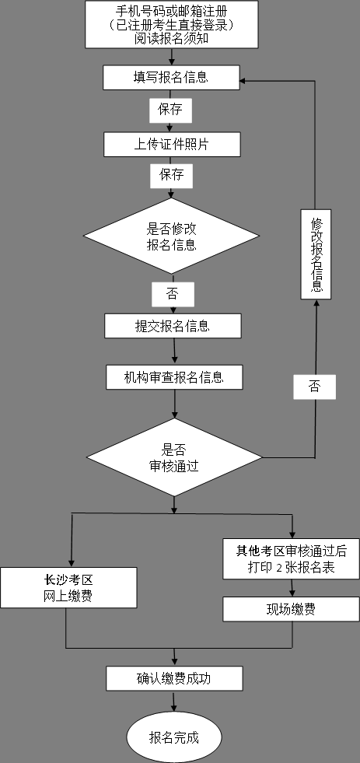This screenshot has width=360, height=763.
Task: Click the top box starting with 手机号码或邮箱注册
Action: pyautogui.click(x=171, y=25)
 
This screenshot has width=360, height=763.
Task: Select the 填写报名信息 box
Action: pyautogui.click(x=171, y=77)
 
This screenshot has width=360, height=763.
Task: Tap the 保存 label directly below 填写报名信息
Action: pyautogui.click(x=170, y=110)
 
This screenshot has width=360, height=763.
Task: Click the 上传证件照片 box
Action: pyautogui.click(x=172, y=144)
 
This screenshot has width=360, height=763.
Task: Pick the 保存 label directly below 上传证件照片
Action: pyautogui.click(x=171, y=175)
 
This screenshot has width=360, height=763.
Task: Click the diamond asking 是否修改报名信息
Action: pyautogui.click(x=171, y=236)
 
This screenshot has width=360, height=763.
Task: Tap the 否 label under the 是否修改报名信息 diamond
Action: pyautogui.click(x=172, y=294)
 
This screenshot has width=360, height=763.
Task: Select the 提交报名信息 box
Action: pyautogui.click(x=173, y=326)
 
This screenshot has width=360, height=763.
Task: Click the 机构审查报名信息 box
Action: pyautogui.click(x=174, y=377)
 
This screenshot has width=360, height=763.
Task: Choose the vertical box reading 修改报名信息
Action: pyautogui.click(x=316, y=254)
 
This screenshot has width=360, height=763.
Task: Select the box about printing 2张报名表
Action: pyautogui.click(x=291, y=558)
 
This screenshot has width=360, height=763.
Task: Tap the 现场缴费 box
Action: pyautogui.click(x=291, y=610)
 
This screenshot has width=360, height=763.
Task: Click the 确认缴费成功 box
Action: pyautogui.click(x=174, y=678)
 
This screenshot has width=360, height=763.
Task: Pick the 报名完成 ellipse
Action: pyautogui.click(x=174, y=737)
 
